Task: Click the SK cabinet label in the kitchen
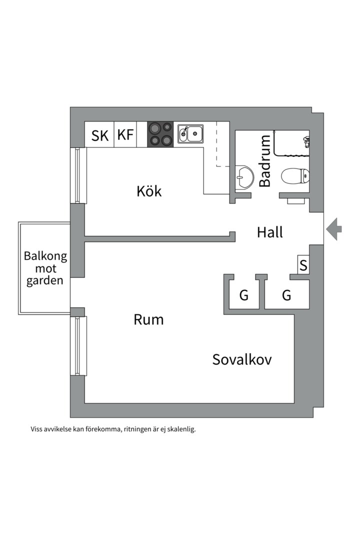pyautogui.click(x=100, y=135)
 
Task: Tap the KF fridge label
pyautogui.click(x=125, y=135)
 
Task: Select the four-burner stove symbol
pyautogui.click(x=160, y=134)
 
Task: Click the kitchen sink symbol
pyautogui.click(x=190, y=133)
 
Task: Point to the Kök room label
pyautogui.click(x=149, y=191)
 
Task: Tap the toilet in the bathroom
pyautogui.click(x=295, y=176)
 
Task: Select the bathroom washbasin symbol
pyautogui.click(x=244, y=177)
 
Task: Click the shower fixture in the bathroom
pyautogui.click(x=306, y=141)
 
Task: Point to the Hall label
pyautogui.click(x=270, y=232)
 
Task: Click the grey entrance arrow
pyautogui.click(x=334, y=229)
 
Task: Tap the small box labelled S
pyautogui.click(x=303, y=264)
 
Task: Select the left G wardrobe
pyautogui.click(x=244, y=295)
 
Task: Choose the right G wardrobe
pyautogui.click(x=286, y=295)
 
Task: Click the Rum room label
pyautogui.click(x=148, y=319)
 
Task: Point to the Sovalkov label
pyautogui.click(x=242, y=359)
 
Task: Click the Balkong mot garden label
pyautogui.click(x=45, y=268)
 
